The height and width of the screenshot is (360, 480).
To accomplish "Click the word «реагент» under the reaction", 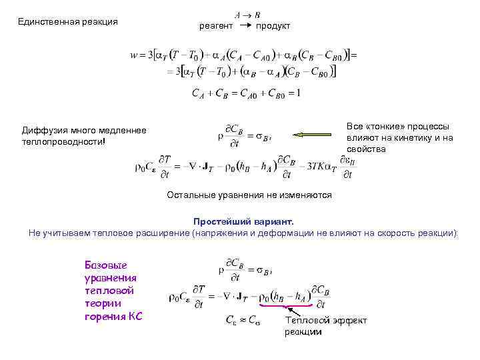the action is (216, 26).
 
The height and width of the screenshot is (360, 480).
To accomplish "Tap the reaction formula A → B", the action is (247, 14).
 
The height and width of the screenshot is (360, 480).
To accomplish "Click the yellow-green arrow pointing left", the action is (316, 135).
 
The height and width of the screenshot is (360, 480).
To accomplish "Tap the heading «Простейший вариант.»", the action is (243, 221).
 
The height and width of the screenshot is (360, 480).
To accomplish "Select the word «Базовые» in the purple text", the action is (103, 265).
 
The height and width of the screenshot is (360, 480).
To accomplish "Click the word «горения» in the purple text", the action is (104, 316).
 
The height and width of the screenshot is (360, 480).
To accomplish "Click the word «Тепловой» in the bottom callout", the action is (305, 321).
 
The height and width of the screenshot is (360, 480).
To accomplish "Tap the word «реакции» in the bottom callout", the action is (303, 331).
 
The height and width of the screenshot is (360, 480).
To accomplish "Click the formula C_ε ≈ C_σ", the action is (244, 319).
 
